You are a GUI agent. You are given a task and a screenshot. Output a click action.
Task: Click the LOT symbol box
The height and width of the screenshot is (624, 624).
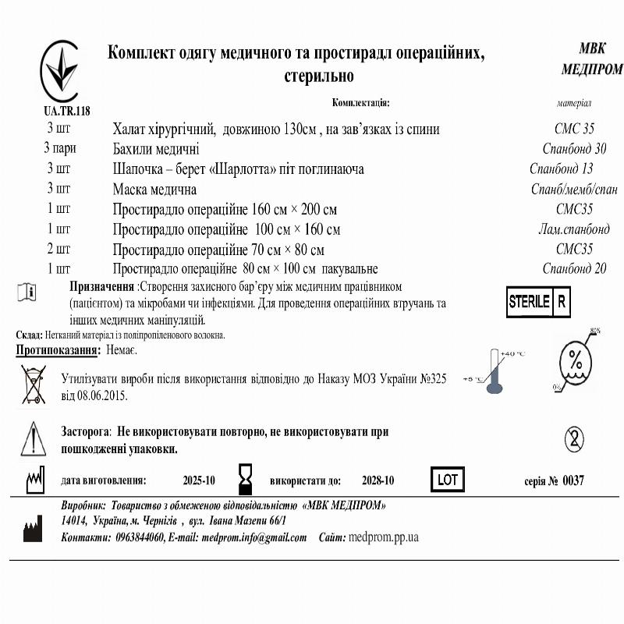coord(448,480)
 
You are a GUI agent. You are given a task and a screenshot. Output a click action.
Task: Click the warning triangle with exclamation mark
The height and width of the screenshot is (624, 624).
coord(34,438)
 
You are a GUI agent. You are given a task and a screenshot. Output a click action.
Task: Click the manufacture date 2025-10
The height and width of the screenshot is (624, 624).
coord(199,480)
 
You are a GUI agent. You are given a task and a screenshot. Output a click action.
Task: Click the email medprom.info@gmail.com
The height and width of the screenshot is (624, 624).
coord(253,537)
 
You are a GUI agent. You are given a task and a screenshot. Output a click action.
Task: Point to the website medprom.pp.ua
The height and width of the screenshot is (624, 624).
coord(384,537)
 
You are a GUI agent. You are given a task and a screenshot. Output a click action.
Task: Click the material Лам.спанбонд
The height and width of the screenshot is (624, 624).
coord(574,229)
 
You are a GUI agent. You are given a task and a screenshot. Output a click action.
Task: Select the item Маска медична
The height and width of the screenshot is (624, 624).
coord(154,189)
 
